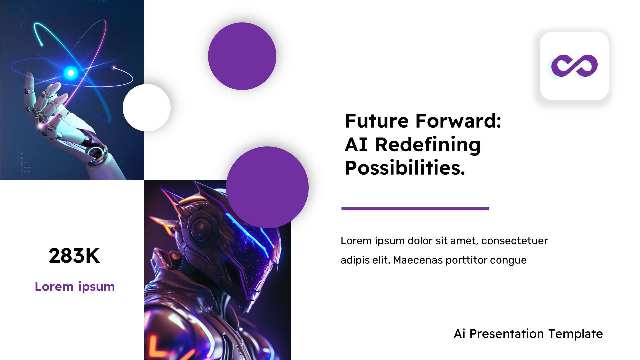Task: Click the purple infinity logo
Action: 574,66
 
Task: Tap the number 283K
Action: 74,256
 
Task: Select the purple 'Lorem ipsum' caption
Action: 75,287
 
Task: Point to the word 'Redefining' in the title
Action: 428,145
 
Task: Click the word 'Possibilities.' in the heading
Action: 405,168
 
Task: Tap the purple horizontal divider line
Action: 415,209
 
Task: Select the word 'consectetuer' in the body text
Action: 514,241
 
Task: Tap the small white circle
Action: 147,108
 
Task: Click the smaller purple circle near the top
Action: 242,56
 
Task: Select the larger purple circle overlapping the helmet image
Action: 267,187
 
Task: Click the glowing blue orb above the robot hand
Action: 71,73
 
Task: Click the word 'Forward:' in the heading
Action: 458,121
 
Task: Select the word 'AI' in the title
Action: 356,145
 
